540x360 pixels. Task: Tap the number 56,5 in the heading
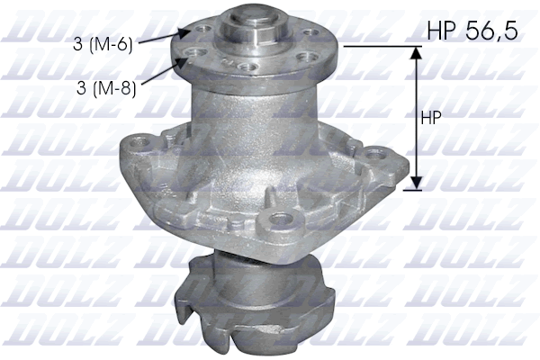(491, 32)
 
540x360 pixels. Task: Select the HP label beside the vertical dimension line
(430, 118)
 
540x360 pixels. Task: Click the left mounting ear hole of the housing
(138, 144)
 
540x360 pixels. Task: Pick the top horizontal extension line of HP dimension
(378, 46)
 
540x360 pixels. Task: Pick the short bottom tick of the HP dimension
(413, 189)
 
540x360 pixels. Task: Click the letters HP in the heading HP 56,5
(441, 32)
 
